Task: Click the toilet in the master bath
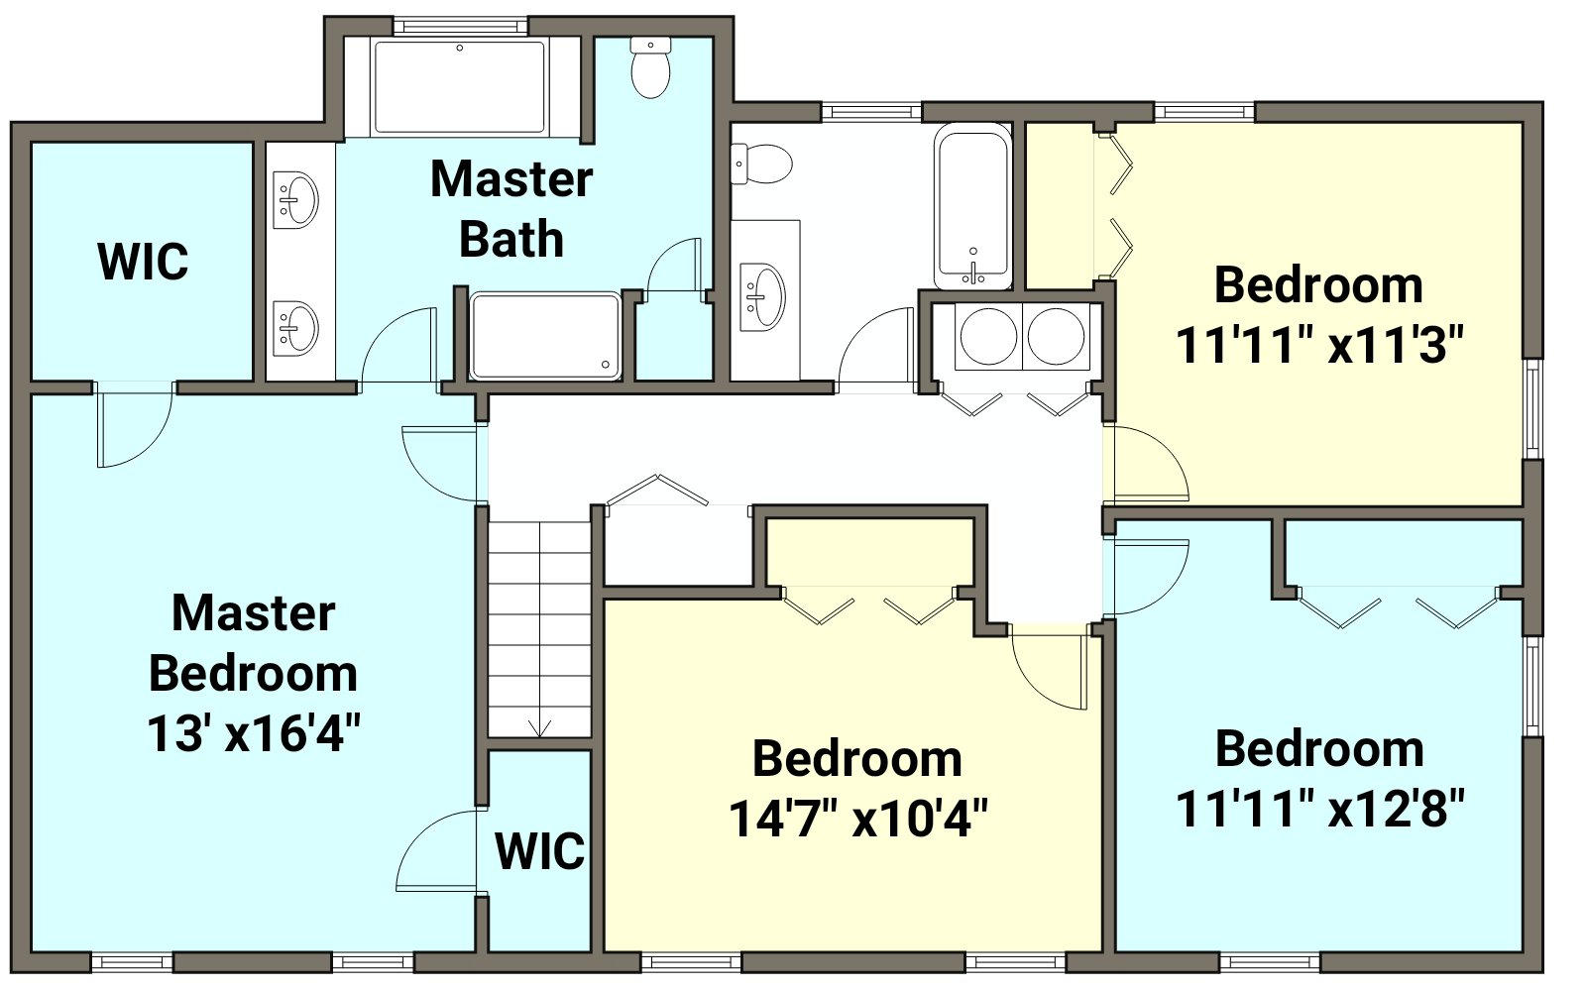[x=650, y=67]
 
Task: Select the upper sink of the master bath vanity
[x=296, y=199]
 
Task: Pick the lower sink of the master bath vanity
[x=296, y=328]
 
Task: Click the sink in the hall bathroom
[x=762, y=296]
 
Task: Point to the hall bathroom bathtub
[x=972, y=206]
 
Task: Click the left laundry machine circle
[x=988, y=336]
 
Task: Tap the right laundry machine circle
[x=1056, y=336]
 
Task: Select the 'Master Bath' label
[x=511, y=209]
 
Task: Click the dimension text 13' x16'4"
[x=254, y=733]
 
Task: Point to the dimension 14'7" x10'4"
[x=857, y=819]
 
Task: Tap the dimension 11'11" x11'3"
[x=1319, y=346]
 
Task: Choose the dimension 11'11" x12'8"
[x=1319, y=808]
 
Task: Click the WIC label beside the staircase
[x=539, y=851]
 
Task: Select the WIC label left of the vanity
[x=143, y=262]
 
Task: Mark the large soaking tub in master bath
[x=460, y=87]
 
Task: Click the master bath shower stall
[x=545, y=336]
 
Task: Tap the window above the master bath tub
[x=460, y=26]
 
